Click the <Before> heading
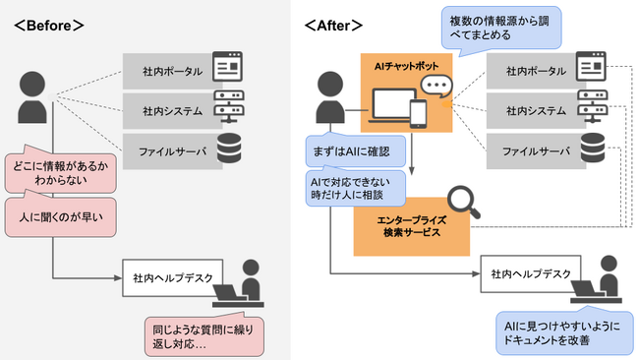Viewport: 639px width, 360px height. point(49,24)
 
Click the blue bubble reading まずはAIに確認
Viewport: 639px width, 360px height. point(348,150)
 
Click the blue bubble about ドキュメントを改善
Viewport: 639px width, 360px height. point(558,330)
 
